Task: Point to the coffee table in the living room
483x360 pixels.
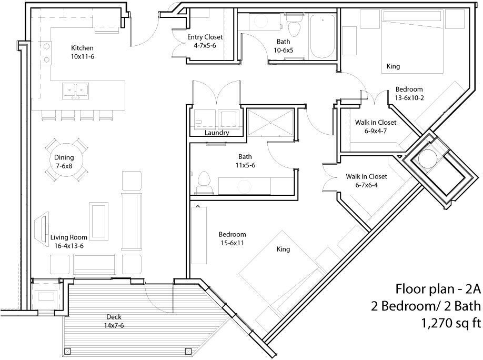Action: tap(98, 221)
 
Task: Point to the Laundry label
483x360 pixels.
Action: tap(217, 133)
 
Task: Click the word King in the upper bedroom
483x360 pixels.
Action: tap(393, 66)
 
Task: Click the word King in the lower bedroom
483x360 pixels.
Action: tap(283, 249)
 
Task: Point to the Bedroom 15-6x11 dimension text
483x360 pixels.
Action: tap(233, 243)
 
